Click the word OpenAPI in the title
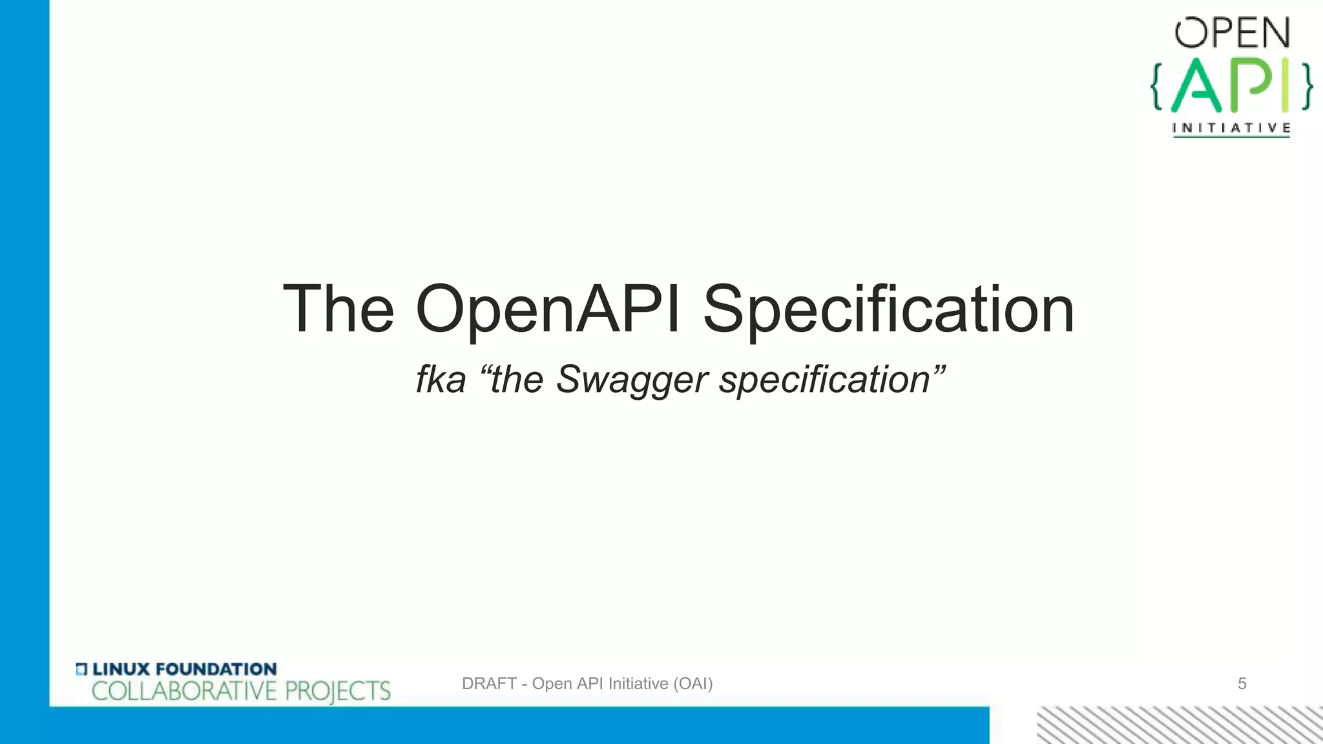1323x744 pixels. tap(548, 310)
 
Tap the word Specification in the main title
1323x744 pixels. tap(888, 310)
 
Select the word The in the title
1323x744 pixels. tap(339, 310)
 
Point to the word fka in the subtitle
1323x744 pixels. tap(441, 379)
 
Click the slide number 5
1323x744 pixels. tap(1242, 683)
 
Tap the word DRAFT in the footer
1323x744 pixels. tap(489, 683)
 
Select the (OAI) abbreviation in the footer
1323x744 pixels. tap(693, 683)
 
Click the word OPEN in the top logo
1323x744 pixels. tap(1232, 33)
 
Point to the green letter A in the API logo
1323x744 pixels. tap(1197, 86)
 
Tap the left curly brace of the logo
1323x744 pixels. tap(1156, 86)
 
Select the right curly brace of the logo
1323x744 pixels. tap(1306, 86)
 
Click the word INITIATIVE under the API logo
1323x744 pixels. tap(1231, 128)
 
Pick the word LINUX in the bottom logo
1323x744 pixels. tap(121, 669)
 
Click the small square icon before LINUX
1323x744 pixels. tap(81, 669)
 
